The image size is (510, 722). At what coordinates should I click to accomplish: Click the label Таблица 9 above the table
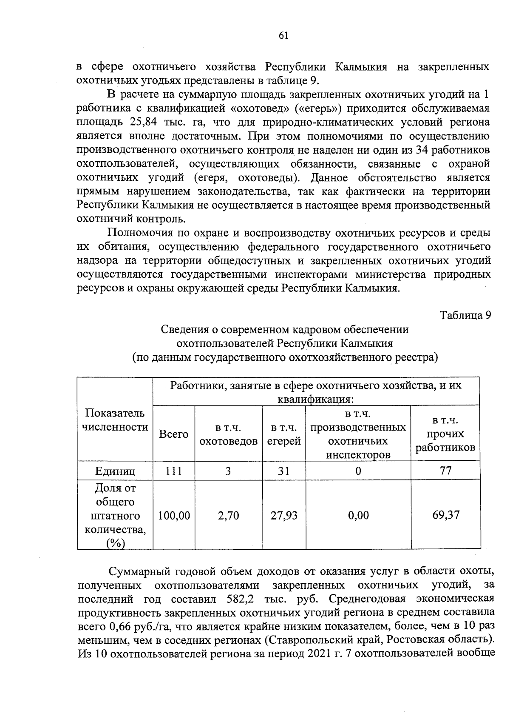[x=465, y=315]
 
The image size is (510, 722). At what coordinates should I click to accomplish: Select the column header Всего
[x=173, y=434]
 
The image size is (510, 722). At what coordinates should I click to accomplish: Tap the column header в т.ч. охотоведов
[x=229, y=434]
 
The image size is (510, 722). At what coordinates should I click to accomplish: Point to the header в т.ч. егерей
[x=284, y=434]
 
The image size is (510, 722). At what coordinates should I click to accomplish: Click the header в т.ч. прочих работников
[x=445, y=434]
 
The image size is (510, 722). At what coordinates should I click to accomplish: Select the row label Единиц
[x=115, y=471]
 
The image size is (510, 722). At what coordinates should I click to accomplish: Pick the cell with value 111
[x=173, y=471]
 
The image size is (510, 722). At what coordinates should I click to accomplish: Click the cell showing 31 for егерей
[x=283, y=471]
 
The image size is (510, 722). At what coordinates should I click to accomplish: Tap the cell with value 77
[x=445, y=470]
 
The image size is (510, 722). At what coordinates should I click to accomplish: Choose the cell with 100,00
[x=174, y=516]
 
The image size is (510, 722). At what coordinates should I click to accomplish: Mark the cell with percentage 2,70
[x=228, y=516]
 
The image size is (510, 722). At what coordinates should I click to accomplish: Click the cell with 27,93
[x=284, y=516]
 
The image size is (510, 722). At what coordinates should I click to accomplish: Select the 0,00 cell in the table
[x=358, y=516]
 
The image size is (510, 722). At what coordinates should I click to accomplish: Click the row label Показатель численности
[x=115, y=420]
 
